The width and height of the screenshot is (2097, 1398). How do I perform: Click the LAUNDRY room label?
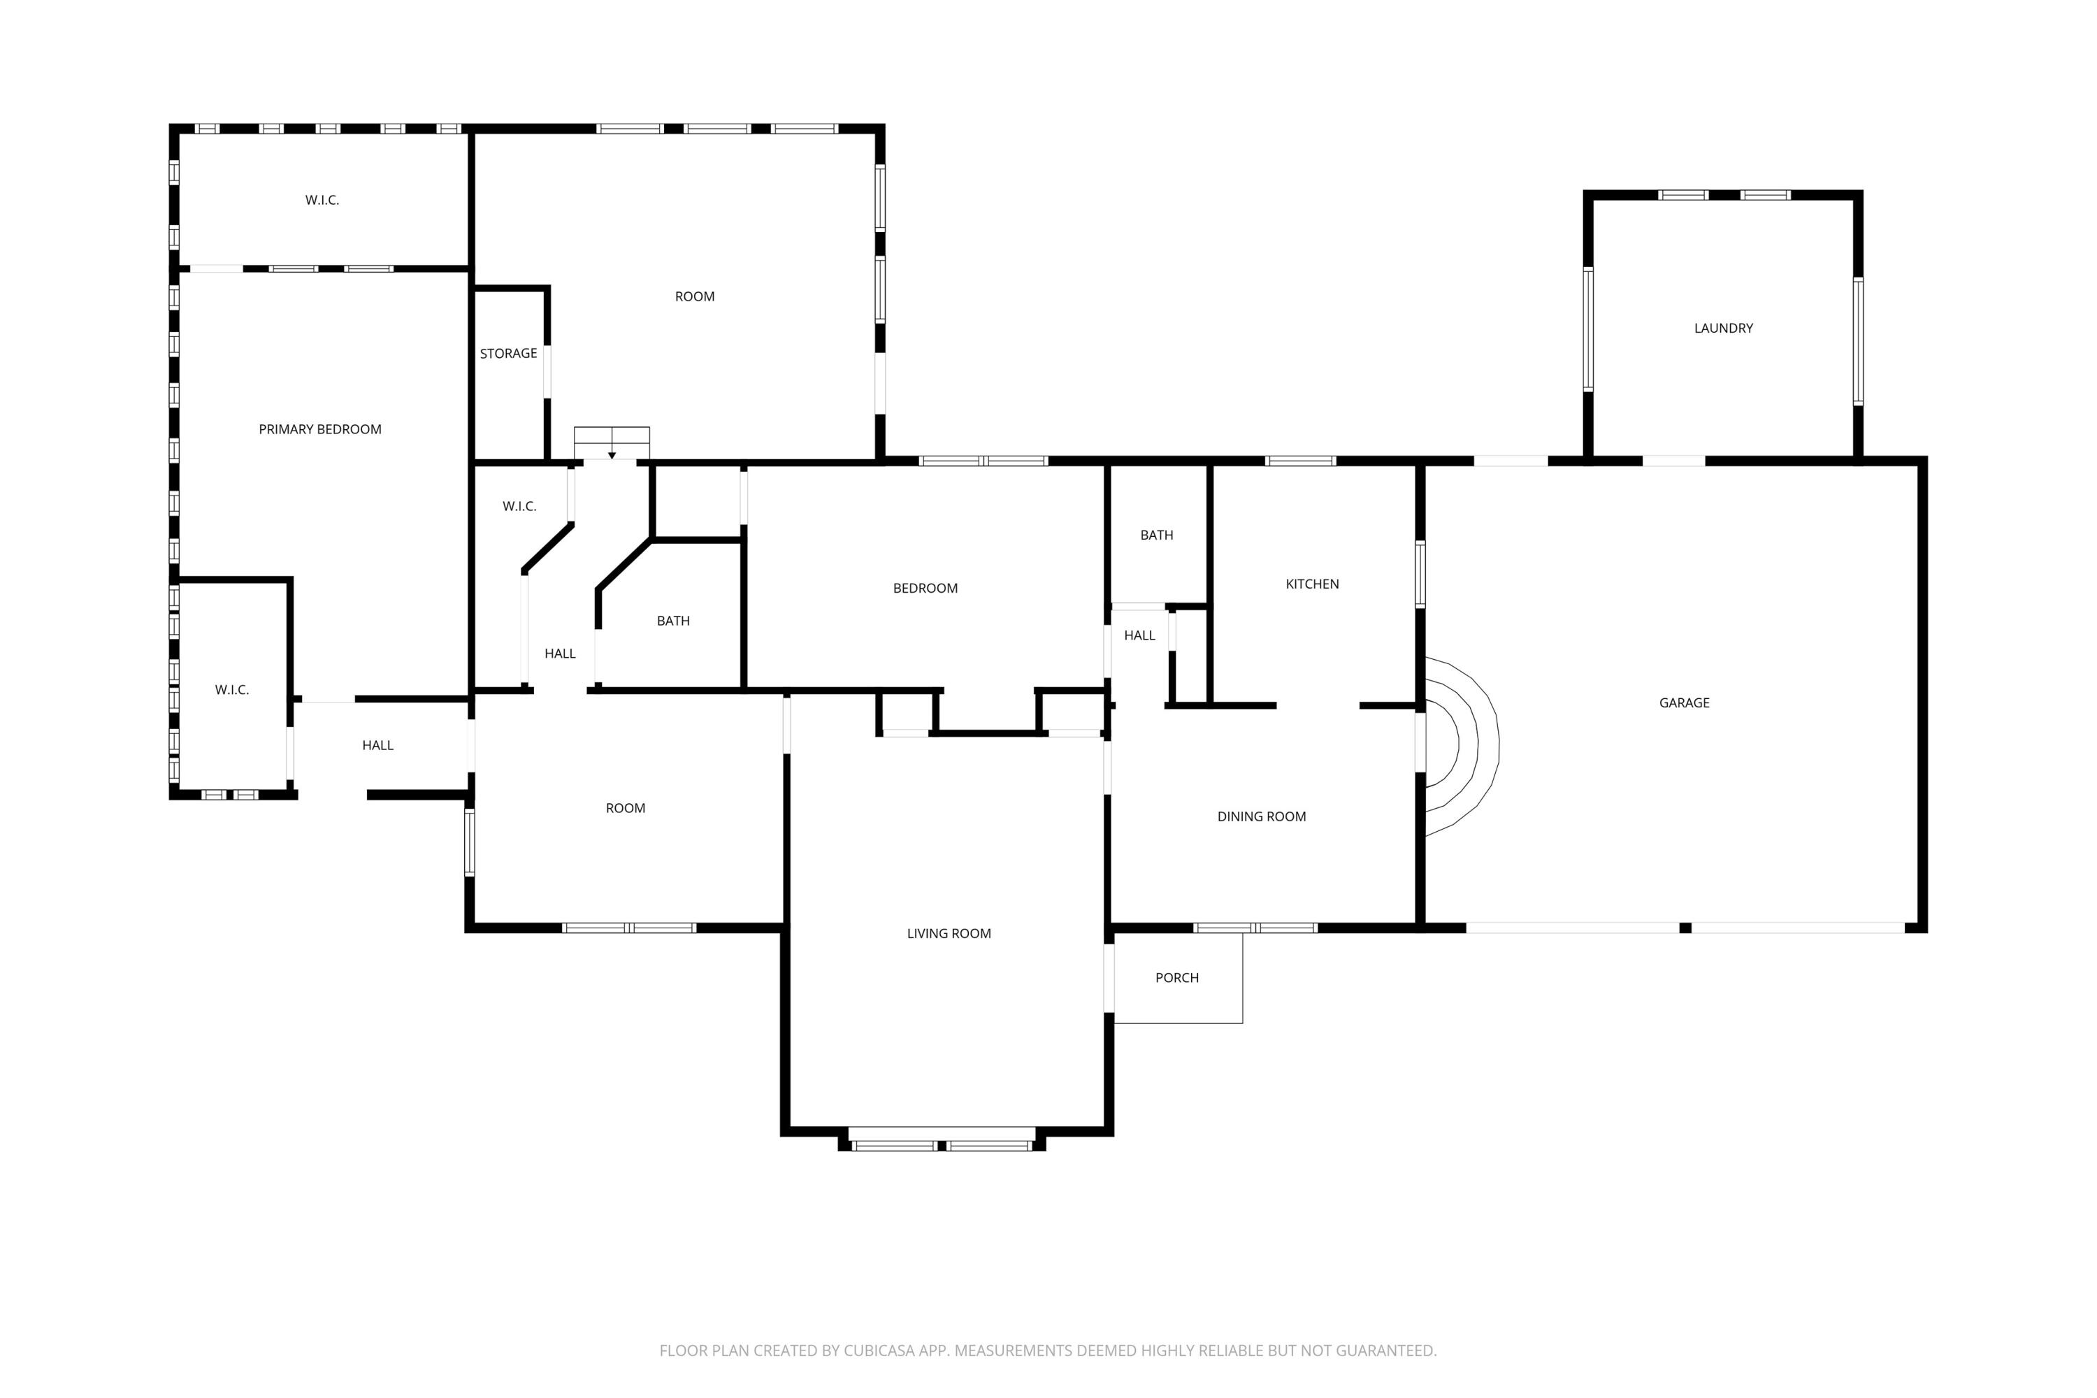pos(1722,328)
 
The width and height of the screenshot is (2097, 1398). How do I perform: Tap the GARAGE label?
pos(1683,702)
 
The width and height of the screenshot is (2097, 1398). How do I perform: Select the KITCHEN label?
pos(1311,584)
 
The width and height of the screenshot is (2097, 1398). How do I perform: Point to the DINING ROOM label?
pos(1261,816)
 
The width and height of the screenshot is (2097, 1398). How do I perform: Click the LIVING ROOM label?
pos(949,933)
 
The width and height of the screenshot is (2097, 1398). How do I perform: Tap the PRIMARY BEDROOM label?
pos(320,430)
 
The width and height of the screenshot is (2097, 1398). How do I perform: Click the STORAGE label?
pos(508,354)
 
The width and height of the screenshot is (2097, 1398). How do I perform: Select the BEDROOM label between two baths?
pos(925,589)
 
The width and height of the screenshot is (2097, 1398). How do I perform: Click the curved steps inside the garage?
pos(1462,745)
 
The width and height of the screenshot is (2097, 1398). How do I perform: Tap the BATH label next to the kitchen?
pos(1156,535)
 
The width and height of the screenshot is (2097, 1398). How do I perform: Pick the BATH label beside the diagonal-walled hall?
pos(673,621)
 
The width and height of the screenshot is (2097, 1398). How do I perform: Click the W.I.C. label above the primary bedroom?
pos(322,201)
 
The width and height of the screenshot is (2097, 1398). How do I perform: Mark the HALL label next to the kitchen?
pos(1139,635)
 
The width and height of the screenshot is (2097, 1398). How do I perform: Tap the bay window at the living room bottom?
pos(942,1144)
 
